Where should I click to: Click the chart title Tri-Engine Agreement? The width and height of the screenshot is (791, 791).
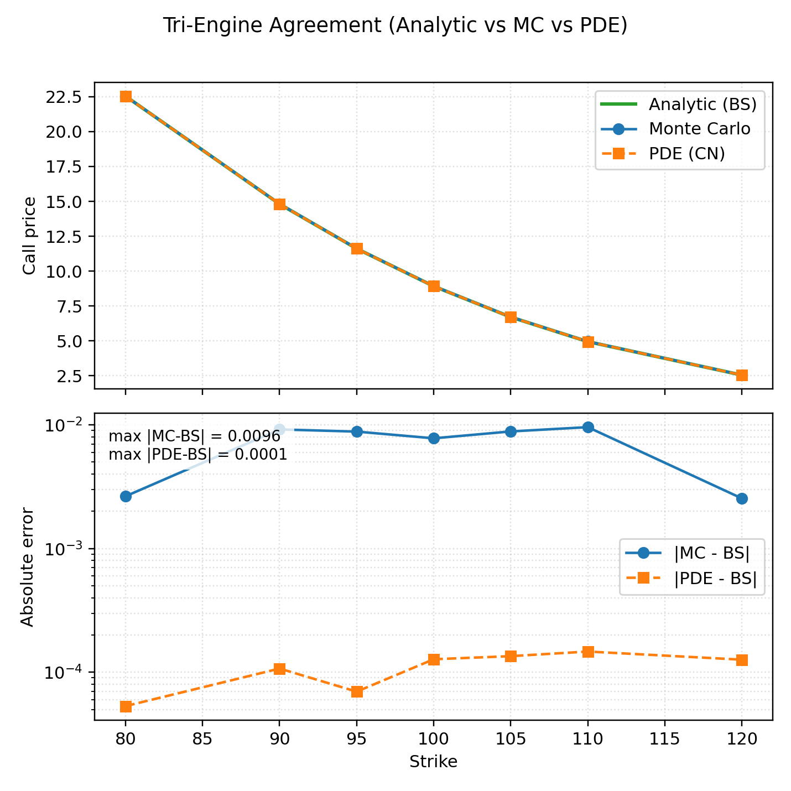(395, 26)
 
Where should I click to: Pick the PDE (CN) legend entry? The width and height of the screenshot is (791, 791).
(686, 154)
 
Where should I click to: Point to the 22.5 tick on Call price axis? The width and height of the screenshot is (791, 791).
(65, 97)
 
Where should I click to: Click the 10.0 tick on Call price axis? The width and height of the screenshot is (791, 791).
(65, 272)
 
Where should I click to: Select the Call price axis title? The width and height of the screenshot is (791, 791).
(29, 236)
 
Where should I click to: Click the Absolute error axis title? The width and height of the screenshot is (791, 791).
(28, 567)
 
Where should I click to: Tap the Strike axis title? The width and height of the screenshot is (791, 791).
(433, 762)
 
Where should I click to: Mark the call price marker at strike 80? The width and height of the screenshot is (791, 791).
(126, 96)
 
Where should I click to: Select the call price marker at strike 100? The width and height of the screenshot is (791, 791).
(434, 286)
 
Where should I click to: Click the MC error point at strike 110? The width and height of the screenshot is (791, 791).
(588, 427)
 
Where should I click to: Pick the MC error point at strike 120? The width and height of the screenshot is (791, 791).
(742, 498)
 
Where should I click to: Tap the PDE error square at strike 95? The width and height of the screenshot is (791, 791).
(357, 692)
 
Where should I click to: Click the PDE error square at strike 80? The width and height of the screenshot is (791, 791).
(126, 706)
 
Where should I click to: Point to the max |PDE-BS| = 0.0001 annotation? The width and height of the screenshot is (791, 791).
(197, 455)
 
